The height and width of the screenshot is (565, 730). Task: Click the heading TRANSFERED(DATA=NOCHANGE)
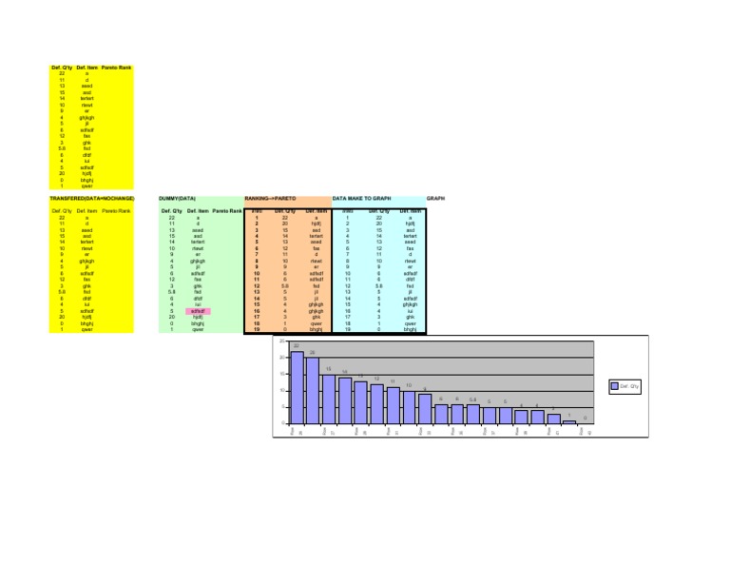[x=92, y=199]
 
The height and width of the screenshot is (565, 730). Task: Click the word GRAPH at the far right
[x=435, y=199]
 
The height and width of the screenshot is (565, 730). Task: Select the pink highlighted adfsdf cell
[x=198, y=310]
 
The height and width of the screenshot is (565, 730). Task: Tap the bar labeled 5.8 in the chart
[x=472, y=414]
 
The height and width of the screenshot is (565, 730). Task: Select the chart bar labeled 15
[x=329, y=399]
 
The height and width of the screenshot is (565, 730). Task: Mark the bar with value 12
[x=377, y=403]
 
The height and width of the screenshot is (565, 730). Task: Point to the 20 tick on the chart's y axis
[x=280, y=357]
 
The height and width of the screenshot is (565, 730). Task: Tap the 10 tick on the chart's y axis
[x=280, y=390]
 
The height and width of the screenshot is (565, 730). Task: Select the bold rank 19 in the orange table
[x=258, y=329]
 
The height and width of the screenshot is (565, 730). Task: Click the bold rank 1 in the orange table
[x=258, y=217]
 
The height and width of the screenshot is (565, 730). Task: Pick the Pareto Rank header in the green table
[x=227, y=210]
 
